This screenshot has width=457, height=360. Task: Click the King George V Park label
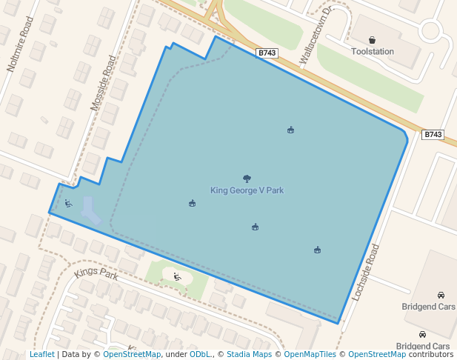(247, 190)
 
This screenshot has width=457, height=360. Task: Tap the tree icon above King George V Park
(247, 179)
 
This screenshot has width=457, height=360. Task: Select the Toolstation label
(373, 52)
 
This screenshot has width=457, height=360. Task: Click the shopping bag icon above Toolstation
(372, 40)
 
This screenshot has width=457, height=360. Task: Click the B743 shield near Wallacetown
(267, 53)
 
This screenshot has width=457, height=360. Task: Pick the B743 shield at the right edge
(433, 135)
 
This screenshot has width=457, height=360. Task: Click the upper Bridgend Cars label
(429, 306)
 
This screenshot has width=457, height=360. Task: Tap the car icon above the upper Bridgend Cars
(441, 295)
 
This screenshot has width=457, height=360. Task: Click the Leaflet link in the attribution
(41, 355)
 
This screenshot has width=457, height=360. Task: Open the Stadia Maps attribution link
(249, 355)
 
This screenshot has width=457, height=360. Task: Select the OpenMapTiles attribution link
(310, 355)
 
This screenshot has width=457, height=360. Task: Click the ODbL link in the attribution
(200, 355)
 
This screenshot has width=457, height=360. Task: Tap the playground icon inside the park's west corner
(68, 204)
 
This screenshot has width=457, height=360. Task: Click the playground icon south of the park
(177, 277)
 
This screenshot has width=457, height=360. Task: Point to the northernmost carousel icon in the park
(290, 130)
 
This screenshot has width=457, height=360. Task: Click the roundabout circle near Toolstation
(430, 31)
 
